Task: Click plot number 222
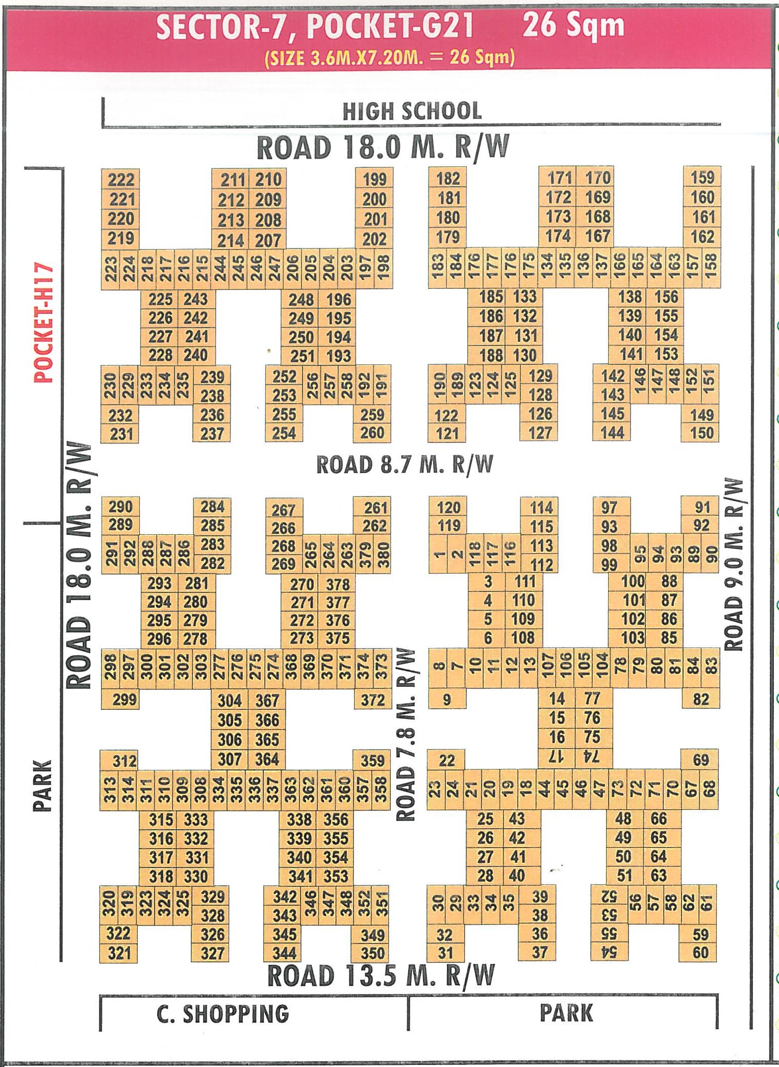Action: (x=121, y=180)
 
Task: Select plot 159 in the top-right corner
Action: (x=702, y=178)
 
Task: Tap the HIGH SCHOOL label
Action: (x=412, y=111)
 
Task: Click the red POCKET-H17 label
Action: (x=43, y=323)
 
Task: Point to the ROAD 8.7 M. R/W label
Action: (x=405, y=464)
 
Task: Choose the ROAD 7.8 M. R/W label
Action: (x=406, y=735)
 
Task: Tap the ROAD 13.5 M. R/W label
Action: (x=381, y=976)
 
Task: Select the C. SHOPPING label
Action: (x=223, y=1014)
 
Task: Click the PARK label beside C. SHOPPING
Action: (x=566, y=1013)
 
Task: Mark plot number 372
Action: (x=373, y=700)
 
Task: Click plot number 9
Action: (x=447, y=699)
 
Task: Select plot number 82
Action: (x=701, y=699)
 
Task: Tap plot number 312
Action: (x=124, y=761)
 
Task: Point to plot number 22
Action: (x=446, y=760)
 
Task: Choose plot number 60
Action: (x=700, y=952)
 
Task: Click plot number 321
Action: (x=119, y=953)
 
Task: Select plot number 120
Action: (x=448, y=508)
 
